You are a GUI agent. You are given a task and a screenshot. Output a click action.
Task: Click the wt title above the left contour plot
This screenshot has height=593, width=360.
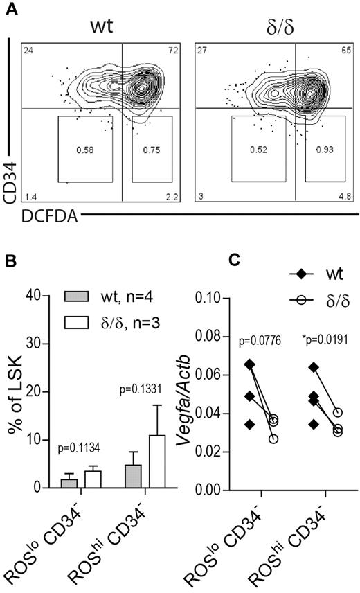click(101, 28)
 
